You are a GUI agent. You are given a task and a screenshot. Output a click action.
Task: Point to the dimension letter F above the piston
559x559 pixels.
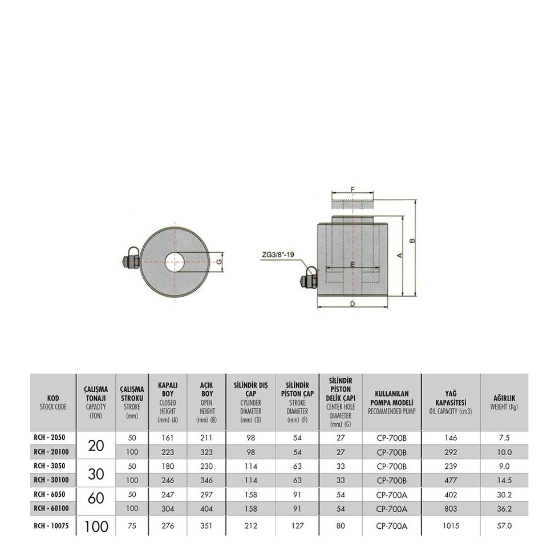(x=353, y=189)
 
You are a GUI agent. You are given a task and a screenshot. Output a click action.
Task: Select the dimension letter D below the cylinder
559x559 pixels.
(x=353, y=305)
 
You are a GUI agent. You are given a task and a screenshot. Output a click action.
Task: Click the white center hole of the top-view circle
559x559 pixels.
(x=175, y=262)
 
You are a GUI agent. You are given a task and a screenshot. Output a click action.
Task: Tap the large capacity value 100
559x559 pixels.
(x=95, y=526)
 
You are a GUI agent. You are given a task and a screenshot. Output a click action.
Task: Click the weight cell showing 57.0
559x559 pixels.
(x=504, y=526)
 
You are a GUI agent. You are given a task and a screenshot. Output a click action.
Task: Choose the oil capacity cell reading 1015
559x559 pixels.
(x=450, y=526)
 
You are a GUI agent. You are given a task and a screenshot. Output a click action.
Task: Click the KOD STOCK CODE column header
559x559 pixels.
(x=52, y=402)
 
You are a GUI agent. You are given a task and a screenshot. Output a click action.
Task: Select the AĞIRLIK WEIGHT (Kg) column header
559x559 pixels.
(x=504, y=403)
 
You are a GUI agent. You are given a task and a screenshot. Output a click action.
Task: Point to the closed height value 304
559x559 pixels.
(x=167, y=508)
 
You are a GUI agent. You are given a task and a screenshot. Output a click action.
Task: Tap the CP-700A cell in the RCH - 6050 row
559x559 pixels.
(x=391, y=495)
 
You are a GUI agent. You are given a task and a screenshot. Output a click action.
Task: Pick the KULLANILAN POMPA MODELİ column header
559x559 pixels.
(x=391, y=402)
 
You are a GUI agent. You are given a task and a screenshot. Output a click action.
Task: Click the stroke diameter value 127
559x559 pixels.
(x=297, y=526)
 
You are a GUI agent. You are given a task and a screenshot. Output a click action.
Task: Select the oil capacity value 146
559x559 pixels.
(x=450, y=438)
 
